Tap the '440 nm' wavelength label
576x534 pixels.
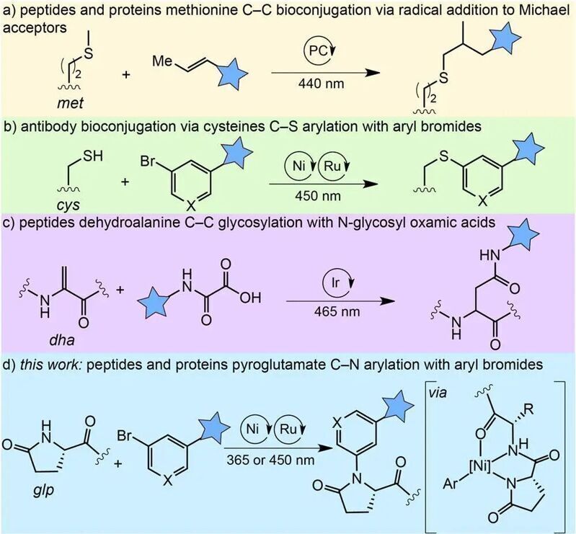click(x=321, y=84)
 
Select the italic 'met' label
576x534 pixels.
click(x=70, y=103)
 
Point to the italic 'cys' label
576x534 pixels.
click(x=68, y=204)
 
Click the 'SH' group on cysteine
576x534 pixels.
click(x=93, y=156)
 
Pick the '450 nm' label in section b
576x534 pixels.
click(x=318, y=195)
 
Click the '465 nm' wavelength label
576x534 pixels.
click(x=337, y=311)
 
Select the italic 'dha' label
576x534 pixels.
click(x=62, y=339)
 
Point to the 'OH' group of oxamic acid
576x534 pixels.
click(x=251, y=298)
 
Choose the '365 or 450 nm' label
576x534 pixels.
click(x=270, y=460)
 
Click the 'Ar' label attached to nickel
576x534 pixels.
click(x=451, y=484)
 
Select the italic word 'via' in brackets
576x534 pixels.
click(x=438, y=393)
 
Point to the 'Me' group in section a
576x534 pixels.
click(x=162, y=61)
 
